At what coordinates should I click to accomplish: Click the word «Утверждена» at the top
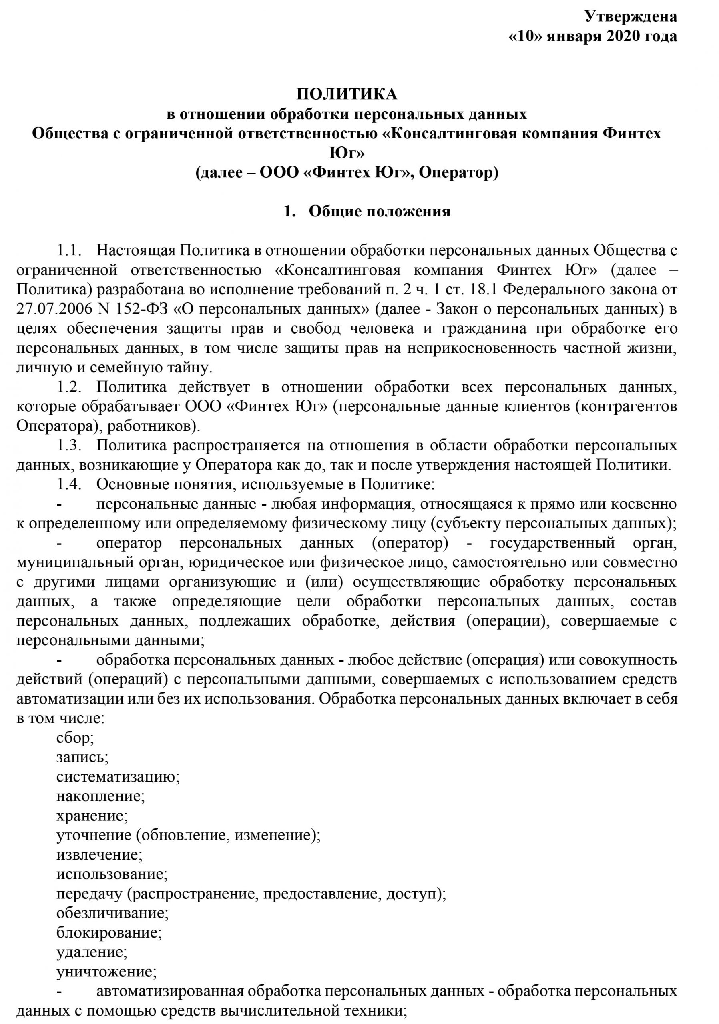point(631,16)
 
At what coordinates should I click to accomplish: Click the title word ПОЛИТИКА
point(347,94)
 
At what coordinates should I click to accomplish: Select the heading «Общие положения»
point(380,211)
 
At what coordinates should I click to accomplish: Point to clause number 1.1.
point(69,251)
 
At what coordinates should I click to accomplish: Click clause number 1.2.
point(69,387)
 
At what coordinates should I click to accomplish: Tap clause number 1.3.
point(69,446)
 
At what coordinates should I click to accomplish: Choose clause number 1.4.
point(69,484)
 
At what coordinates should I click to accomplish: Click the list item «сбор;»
point(75,738)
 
